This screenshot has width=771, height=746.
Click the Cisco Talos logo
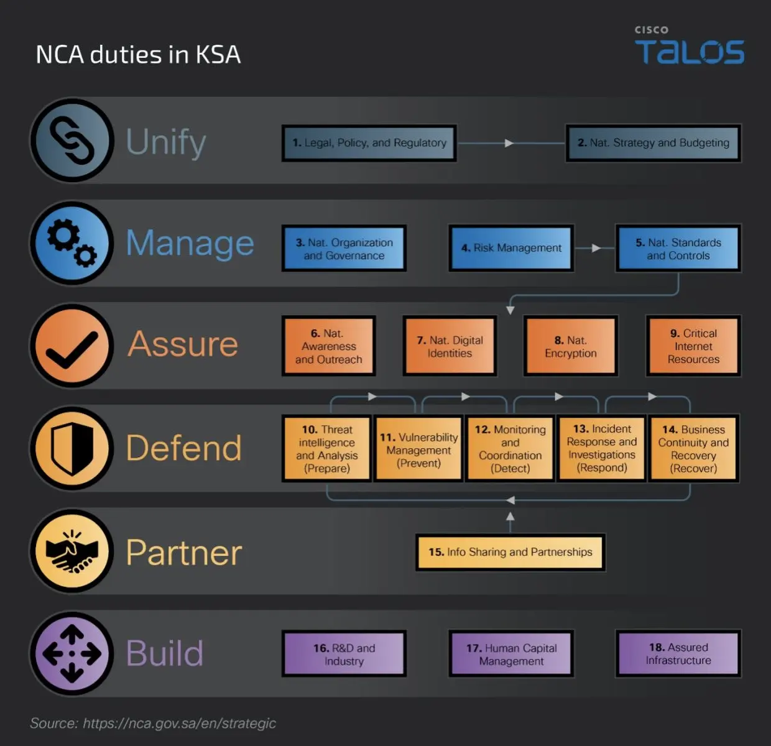coord(689,47)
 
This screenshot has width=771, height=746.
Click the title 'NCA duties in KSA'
coord(138,55)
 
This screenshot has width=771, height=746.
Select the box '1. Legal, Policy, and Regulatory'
coord(369,143)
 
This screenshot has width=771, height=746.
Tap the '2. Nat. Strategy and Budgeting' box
coord(653,143)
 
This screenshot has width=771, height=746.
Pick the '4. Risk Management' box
coord(511,248)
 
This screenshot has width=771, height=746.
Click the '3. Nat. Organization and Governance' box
coord(344,249)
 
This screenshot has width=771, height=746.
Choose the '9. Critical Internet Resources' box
coord(693,346)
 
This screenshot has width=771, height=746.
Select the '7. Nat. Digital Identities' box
coord(450,346)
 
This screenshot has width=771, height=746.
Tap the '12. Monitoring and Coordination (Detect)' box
coord(510,448)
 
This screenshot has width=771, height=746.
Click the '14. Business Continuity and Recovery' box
coord(693,448)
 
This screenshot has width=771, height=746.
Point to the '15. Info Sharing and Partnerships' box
coord(510,552)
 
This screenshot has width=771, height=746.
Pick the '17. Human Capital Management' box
coord(511,654)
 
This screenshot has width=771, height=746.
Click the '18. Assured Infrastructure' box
coord(678,654)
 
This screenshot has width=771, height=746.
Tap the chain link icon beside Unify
coord(72,140)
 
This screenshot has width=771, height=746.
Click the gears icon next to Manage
coord(72,244)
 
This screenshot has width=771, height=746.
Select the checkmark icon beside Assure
coord(72,346)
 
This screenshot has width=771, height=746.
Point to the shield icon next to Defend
coord(72,449)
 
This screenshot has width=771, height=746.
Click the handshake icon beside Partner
coord(72,551)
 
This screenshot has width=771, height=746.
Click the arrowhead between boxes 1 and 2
coord(509,143)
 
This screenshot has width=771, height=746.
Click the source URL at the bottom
coord(179,724)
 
